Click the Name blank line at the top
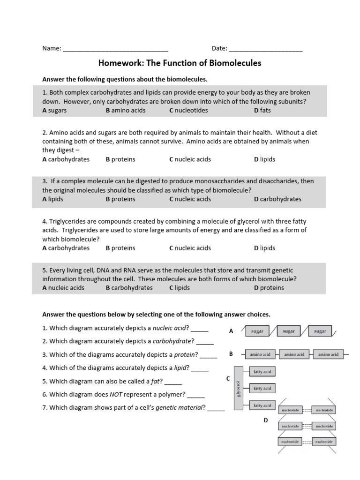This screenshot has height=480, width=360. pos(115,49)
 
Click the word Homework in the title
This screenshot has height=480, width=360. pos(119,63)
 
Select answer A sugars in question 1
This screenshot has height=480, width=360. pos(54,110)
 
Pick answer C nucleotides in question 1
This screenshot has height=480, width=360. pos(188,110)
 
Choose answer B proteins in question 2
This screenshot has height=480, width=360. pos(120,159)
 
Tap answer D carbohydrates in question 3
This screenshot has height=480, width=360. pos(277,199)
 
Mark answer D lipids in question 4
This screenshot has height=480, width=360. pos(264,248)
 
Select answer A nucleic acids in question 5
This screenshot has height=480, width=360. pos(63,288)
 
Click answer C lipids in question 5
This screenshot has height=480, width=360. pos(180,288)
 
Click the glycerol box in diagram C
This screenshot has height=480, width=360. pos(238,389)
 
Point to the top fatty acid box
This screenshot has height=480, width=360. pos(262,372)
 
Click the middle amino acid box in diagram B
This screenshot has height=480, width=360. pos(294,354)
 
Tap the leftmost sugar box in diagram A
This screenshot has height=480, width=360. pos(257,331)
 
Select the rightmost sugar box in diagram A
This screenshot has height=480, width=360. pos(320,331)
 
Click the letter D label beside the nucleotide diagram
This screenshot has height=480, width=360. pos(265,420)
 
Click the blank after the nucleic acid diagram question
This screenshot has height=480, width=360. pos(200,328)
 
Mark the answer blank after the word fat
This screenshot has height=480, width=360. pos(173,382)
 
